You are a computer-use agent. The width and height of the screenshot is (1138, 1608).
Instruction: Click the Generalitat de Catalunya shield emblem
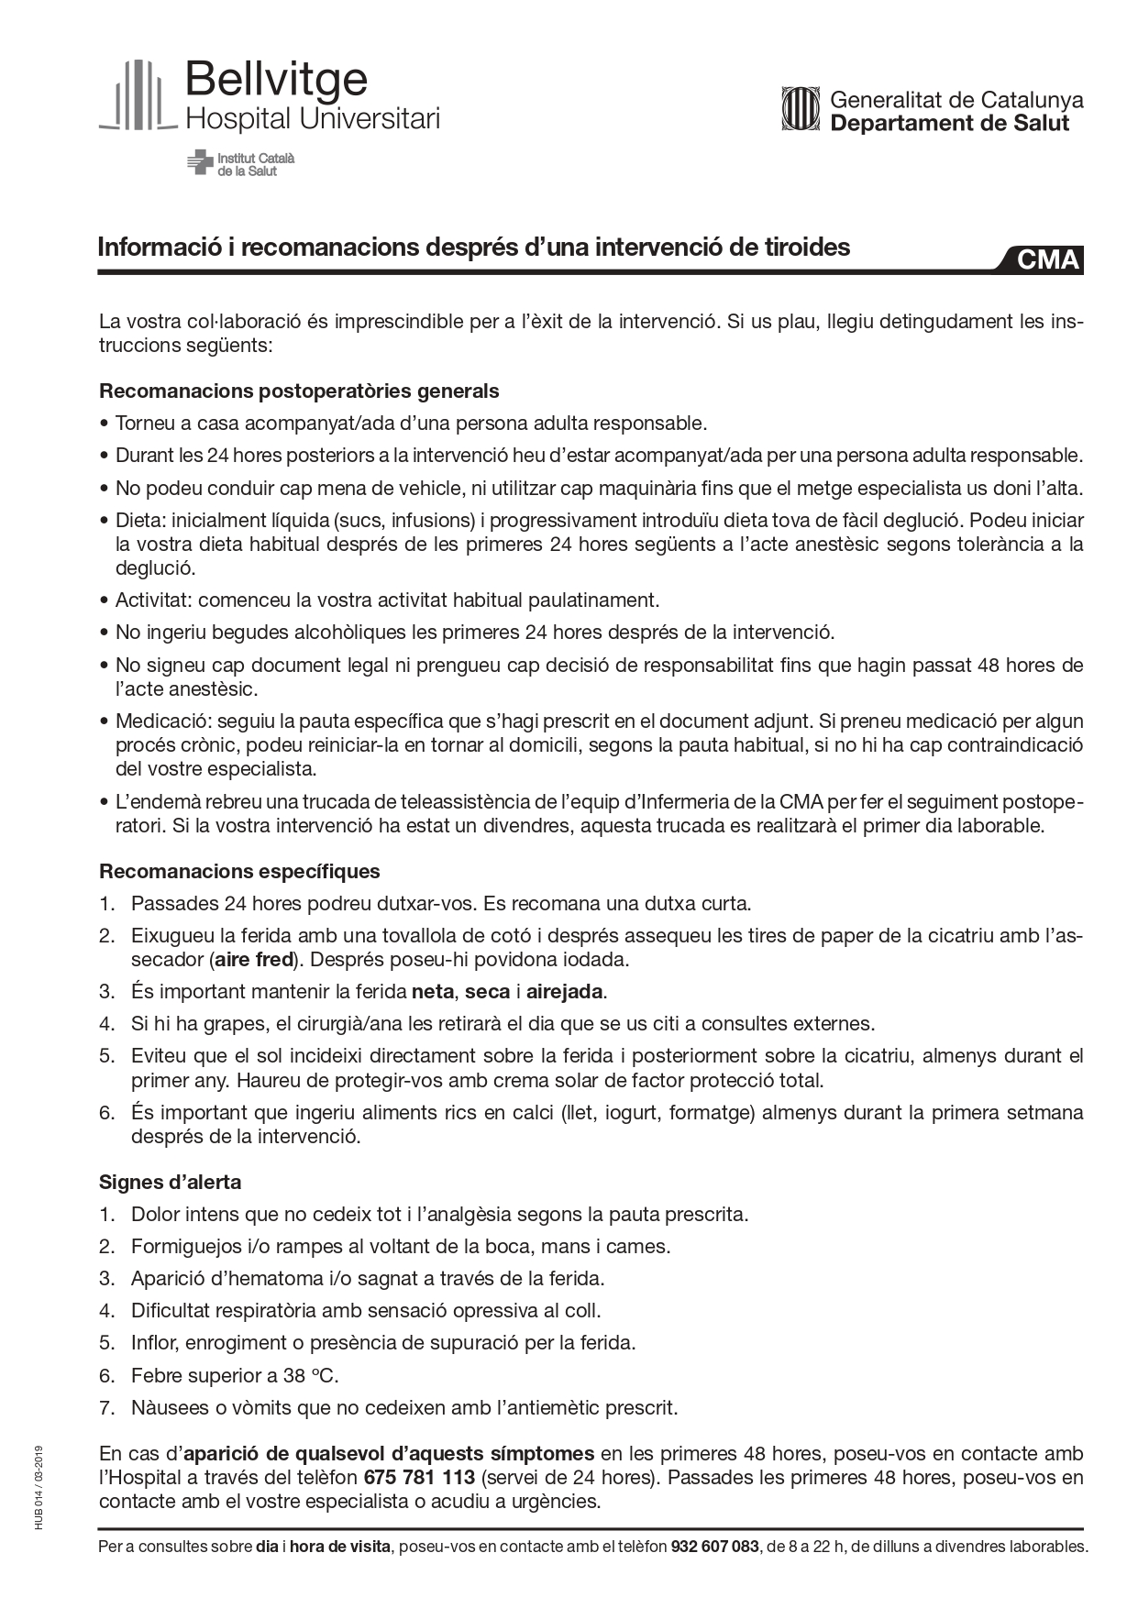pos(800,109)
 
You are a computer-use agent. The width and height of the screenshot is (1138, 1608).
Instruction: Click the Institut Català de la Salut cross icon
pos(199,163)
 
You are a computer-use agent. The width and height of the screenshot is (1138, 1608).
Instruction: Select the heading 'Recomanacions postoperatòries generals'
pos(299,391)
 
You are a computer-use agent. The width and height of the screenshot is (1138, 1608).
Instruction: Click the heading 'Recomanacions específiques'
pos(239,871)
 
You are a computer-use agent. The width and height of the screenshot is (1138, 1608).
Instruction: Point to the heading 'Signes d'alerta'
pos(170,1182)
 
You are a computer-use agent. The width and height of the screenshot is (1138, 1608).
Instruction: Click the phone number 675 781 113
pos(419,1478)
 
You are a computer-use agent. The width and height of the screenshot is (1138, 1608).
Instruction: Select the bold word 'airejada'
pos(566,992)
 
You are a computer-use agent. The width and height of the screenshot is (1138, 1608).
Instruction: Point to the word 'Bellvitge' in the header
pos(276,81)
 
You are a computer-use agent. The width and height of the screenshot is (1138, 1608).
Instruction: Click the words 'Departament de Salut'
pos(949,124)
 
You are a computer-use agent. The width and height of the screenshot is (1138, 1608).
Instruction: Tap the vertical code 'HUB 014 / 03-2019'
pos(39,1486)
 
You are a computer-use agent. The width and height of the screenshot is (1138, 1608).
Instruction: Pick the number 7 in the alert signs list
pos(106,1407)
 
